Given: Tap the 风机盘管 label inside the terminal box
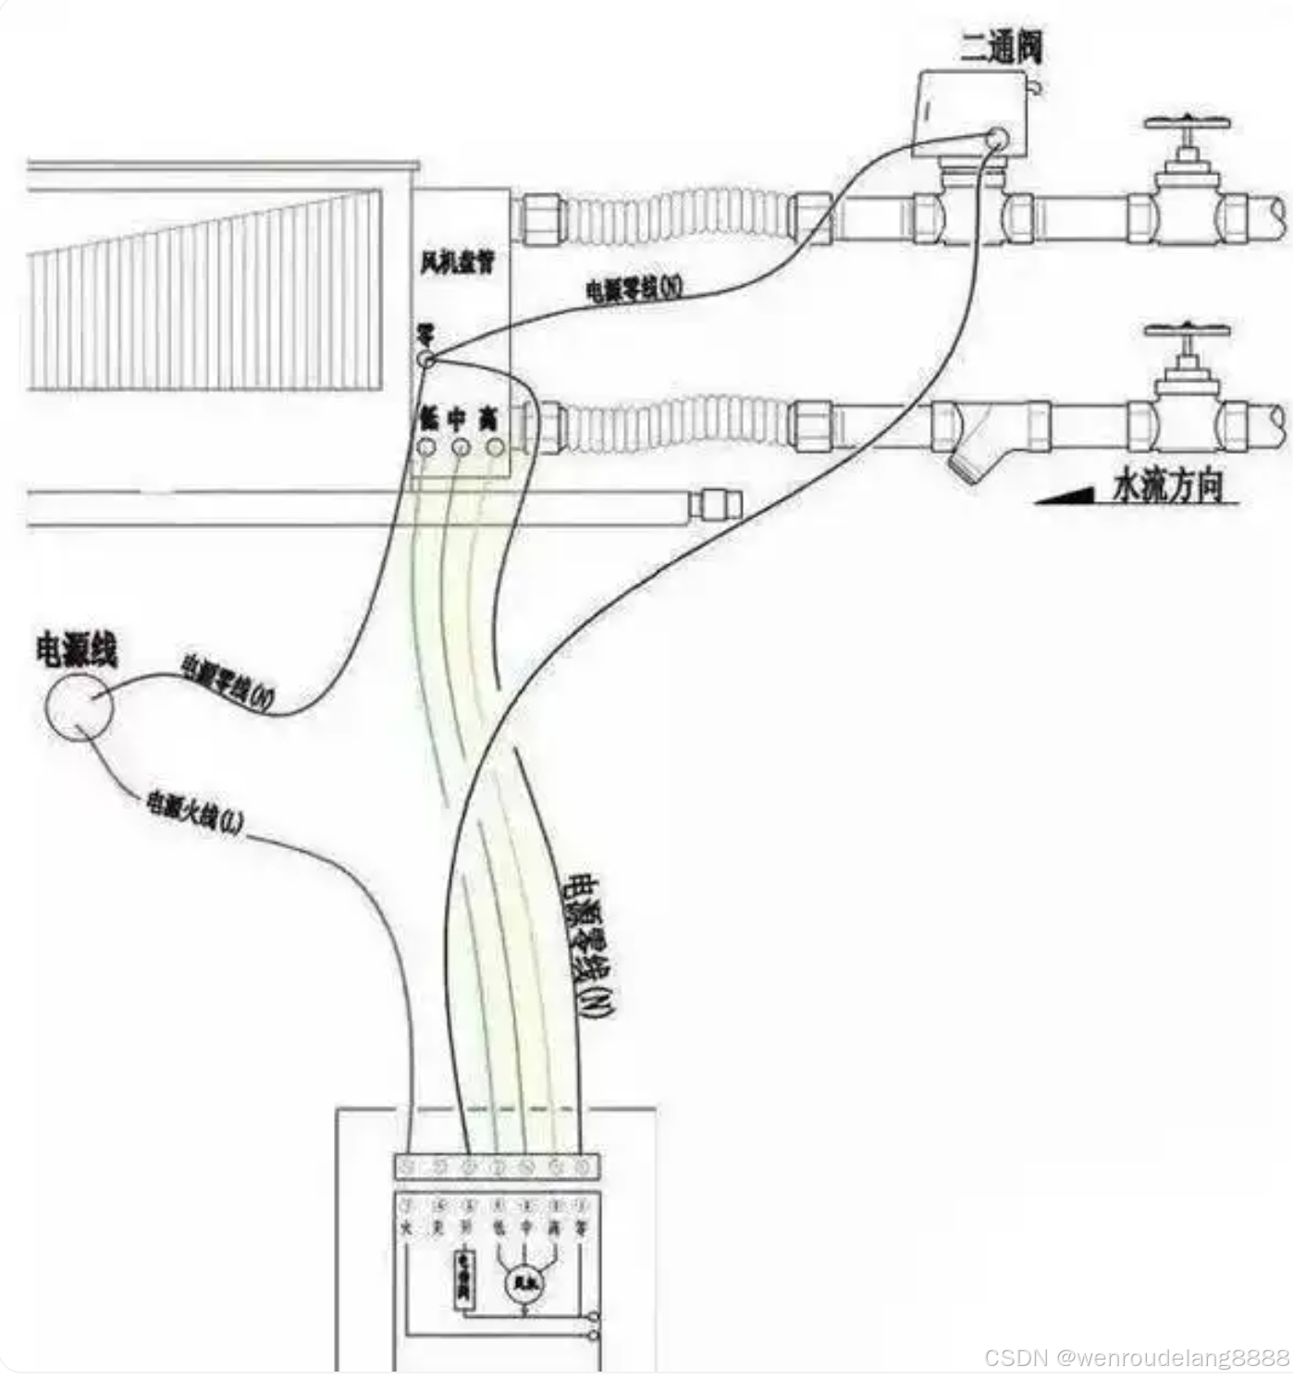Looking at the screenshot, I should tap(457, 264).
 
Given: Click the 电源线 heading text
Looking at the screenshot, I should tap(76, 650).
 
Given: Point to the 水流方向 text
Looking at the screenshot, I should tap(1167, 486).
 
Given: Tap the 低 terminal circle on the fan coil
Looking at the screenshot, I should tap(426, 448).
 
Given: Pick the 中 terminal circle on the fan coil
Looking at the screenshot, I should tap(460, 448).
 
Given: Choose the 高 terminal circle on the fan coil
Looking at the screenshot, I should tap(495, 448).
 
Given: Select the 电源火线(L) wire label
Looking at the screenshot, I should tap(193, 813).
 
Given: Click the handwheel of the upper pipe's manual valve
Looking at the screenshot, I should tap(1188, 123).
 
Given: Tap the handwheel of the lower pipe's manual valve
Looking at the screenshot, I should tap(1188, 332).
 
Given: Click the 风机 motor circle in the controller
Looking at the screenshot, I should tap(523, 1282).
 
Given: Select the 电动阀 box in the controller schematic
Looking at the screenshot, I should tap(462, 1280).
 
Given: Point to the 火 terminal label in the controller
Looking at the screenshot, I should tap(408, 1229).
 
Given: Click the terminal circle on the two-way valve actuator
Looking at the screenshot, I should tap(997, 138).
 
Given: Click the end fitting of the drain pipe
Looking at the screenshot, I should tap(717, 505).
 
